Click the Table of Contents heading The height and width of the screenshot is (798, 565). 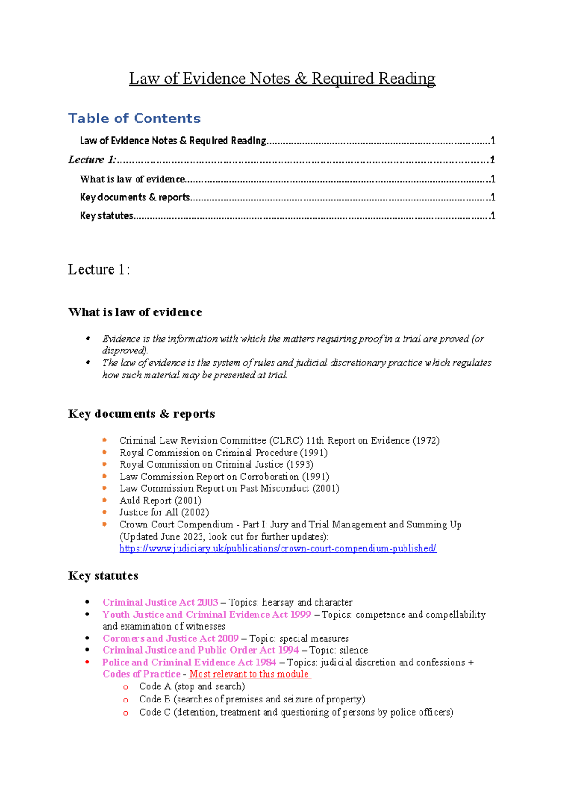[134, 118]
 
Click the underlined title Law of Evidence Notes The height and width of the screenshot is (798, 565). [282, 79]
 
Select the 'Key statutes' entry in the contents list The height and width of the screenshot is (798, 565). [107, 215]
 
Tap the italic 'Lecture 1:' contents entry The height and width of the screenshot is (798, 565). [92, 160]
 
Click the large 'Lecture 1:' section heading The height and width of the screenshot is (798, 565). [99, 270]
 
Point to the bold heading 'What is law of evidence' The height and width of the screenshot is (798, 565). [135, 312]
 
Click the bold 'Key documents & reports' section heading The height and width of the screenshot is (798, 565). [141, 414]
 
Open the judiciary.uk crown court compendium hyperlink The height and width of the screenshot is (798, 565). [278, 549]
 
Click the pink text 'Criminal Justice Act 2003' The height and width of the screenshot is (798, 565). [160, 602]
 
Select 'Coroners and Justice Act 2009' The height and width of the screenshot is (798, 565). [170, 638]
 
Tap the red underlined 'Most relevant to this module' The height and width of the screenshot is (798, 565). [249, 674]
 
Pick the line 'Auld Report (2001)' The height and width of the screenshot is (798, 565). [160, 501]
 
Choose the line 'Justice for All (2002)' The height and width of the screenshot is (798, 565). [164, 512]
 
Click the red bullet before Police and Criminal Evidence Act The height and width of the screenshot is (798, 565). [88, 662]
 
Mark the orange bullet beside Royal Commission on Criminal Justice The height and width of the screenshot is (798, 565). [105, 464]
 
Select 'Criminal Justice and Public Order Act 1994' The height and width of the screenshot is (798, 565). [201, 650]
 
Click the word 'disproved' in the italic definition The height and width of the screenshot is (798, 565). [124, 351]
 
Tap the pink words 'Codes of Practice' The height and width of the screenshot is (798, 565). [141, 674]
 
